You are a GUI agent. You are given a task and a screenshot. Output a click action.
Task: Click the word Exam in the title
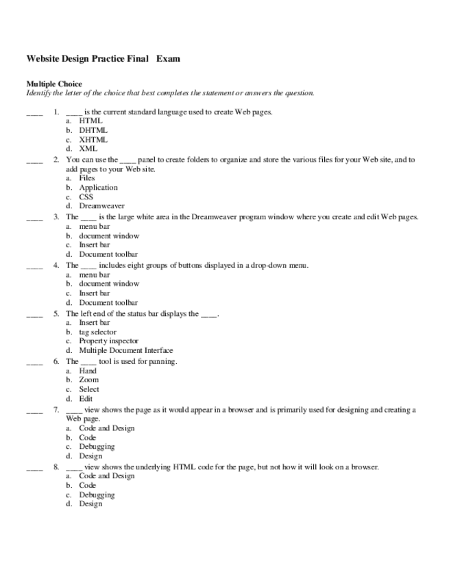point(168,59)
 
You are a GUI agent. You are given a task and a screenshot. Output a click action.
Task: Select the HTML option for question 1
point(90,120)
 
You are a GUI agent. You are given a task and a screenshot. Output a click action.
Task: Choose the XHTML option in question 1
point(93,139)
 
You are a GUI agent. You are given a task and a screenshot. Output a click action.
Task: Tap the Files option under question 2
point(87,177)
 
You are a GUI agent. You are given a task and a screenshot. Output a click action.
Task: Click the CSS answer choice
point(86,197)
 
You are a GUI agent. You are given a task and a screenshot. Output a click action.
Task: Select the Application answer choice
point(98,187)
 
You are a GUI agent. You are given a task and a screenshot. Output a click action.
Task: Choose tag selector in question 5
point(99,332)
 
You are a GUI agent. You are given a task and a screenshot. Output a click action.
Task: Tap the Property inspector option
point(108,341)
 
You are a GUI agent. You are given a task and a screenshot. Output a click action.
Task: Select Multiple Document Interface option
point(125,350)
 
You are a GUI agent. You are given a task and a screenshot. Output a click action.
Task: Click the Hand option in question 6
point(88,371)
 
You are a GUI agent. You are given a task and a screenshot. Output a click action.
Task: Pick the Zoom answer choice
point(88,380)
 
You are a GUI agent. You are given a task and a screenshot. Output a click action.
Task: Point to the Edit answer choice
point(86,399)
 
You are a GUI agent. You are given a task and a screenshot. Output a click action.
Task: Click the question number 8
point(56,467)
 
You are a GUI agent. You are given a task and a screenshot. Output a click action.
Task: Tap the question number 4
point(56,265)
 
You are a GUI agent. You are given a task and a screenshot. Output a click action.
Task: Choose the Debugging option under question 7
point(97,447)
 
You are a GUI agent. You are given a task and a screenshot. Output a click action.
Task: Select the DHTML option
point(93,129)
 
